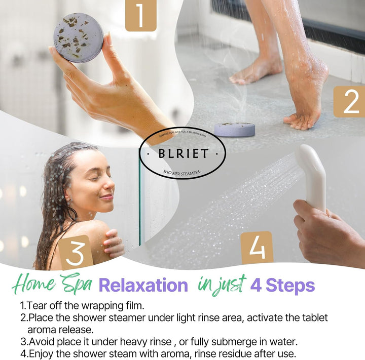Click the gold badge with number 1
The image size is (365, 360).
point(141,16)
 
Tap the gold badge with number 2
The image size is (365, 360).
point(349,101)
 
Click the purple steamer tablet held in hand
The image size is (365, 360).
point(79,37)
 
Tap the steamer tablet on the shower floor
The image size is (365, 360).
point(234,129)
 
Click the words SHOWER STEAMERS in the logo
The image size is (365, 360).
point(181,173)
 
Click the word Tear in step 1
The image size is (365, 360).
point(36,306)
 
